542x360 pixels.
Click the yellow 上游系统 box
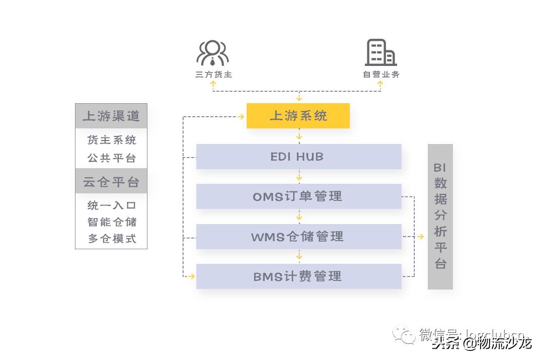(298, 116)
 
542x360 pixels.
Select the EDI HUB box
(298, 157)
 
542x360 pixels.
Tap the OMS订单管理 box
(298, 196)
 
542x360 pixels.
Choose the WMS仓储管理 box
(298, 237)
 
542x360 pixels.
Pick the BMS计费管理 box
(298, 276)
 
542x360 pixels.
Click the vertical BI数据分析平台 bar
(440, 217)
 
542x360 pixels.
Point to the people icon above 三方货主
(212, 53)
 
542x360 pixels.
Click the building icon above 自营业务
(380, 52)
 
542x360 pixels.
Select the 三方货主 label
(213, 75)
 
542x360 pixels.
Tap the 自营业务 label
(381, 75)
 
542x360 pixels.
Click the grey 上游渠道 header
(111, 116)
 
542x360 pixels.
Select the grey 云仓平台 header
(111, 182)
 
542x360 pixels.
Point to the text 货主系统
(112, 140)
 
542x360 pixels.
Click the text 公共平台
(112, 158)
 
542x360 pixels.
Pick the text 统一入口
(112, 205)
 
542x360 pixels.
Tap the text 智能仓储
(112, 222)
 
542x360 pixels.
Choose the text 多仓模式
(112, 239)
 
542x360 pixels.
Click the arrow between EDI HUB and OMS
(299, 177)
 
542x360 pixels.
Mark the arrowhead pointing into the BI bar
(421, 237)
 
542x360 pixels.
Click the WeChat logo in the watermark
(404, 335)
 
